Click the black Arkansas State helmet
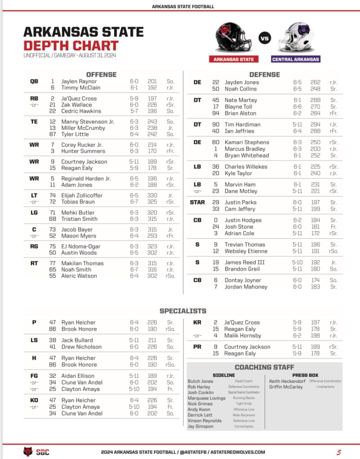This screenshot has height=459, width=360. tap(234, 38)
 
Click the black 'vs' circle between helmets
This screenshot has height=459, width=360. tap(265, 38)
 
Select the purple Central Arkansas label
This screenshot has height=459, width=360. tap(296, 59)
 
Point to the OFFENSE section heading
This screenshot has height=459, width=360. tap(101, 74)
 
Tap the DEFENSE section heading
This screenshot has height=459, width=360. tap(264, 74)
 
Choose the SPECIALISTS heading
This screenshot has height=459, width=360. tap(183, 310)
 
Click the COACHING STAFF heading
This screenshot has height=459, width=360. tap(264, 367)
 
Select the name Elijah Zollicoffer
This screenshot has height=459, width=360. tap(82, 196)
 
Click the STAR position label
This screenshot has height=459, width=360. tap(197, 202)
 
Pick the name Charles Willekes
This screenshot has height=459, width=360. tap(246, 167)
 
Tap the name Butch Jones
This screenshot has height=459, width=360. tap(200, 381)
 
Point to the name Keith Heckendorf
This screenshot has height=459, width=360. tap(287, 381)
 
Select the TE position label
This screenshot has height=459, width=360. tap(34, 122)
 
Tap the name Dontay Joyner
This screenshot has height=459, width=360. tap(243, 280)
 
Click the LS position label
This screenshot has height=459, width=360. tap(34, 341)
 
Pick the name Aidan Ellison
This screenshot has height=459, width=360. tap(78, 376)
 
